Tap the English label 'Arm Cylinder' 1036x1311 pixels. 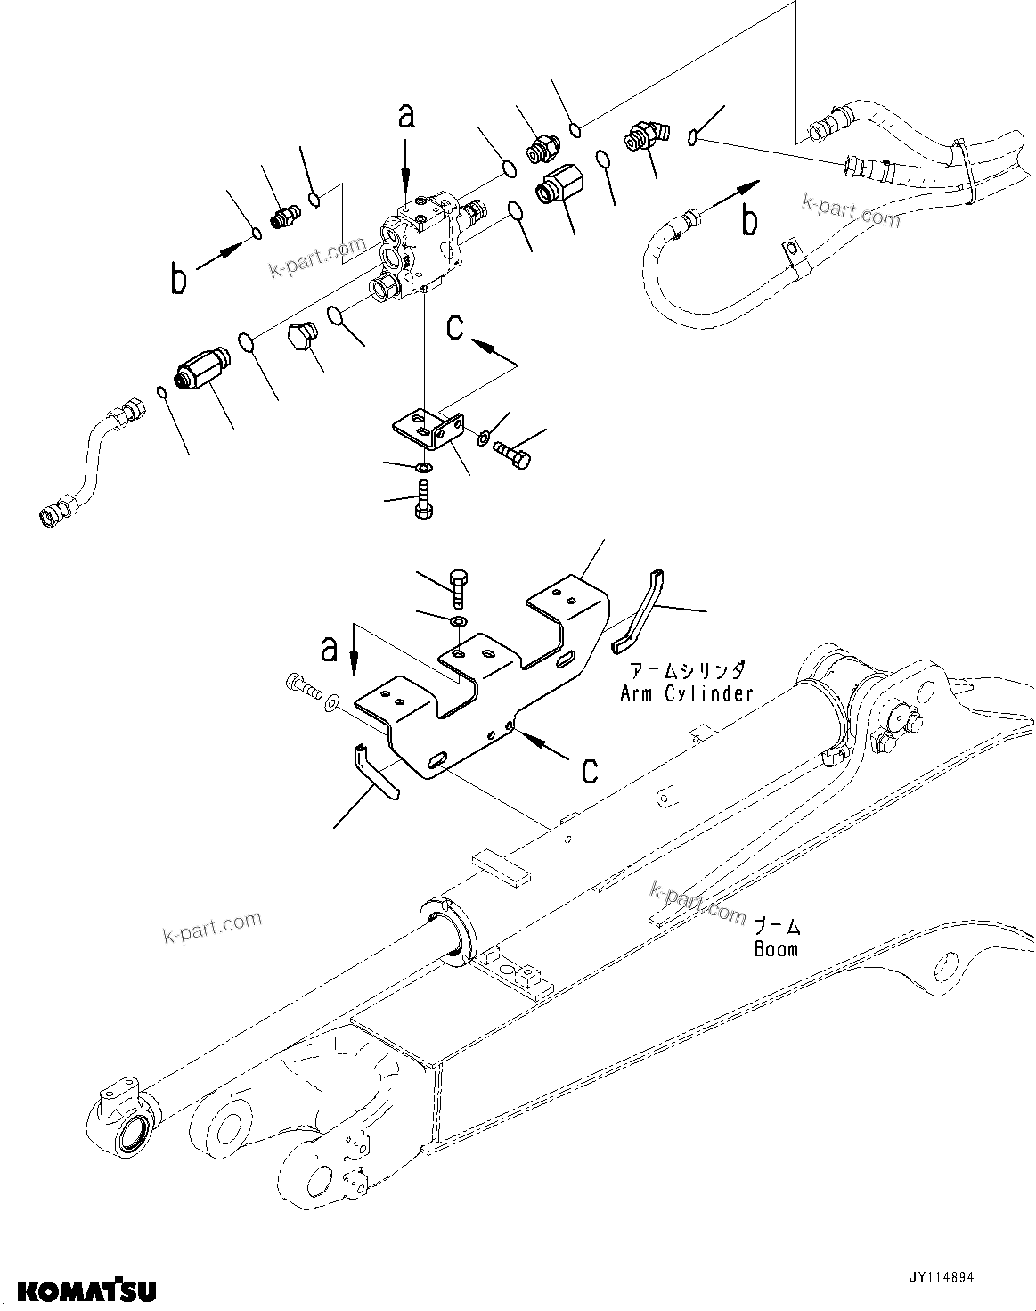point(686,692)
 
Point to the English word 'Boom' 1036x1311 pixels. point(776,949)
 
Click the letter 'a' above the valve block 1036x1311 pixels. point(406,117)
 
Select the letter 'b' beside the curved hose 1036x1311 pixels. point(750,220)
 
